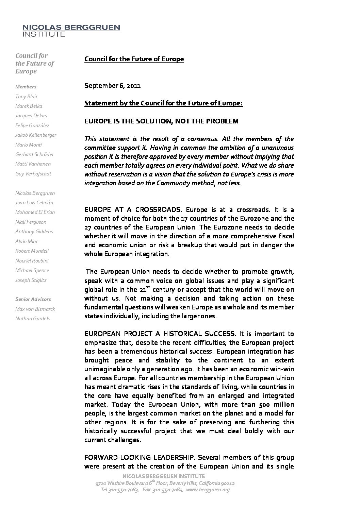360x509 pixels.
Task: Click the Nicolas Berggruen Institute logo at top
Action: pyautogui.click(x=71, y=30)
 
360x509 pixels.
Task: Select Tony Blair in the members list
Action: pyautogui.click(x=27, y=97)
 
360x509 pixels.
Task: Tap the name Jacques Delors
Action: pyautogui.click(x=31, y=116)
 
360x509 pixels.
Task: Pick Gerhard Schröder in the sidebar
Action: pyautogui.click(x=35, y=154)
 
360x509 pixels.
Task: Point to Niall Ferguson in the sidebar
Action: pyautogui.click(x=31, y=222)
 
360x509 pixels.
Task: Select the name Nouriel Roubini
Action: pyautogui.click(x=32, y=261)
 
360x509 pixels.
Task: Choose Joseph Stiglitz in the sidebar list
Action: pyautogui.click(x=31, y=280)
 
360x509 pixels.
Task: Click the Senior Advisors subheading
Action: pyautogui.click(x=33, y=299)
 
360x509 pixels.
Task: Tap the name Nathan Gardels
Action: pyautogui.click(x=33, y=319)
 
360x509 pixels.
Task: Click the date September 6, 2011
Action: pyautogui.click(x=113, y=85)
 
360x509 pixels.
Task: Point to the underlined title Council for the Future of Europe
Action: pyautogui.click(x=134, y=59)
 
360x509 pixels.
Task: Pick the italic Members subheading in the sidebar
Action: pyautogui.click(x=26, y=87)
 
